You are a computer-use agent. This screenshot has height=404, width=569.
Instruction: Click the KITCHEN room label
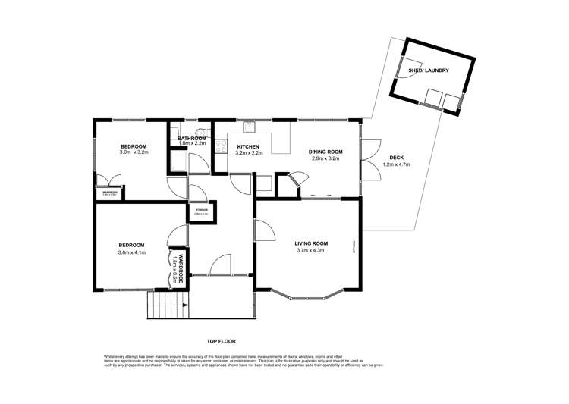249,146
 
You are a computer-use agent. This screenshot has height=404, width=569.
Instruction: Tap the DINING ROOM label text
325,152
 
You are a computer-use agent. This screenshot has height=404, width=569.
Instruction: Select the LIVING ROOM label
309,243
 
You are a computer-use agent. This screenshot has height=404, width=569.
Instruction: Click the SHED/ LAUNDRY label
429,70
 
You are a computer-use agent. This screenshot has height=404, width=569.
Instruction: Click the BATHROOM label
192,139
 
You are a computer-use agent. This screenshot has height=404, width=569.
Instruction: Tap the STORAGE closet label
202,210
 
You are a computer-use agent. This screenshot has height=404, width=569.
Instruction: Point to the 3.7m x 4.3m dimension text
309,250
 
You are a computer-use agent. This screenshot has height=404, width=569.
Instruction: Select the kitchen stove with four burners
221,146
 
